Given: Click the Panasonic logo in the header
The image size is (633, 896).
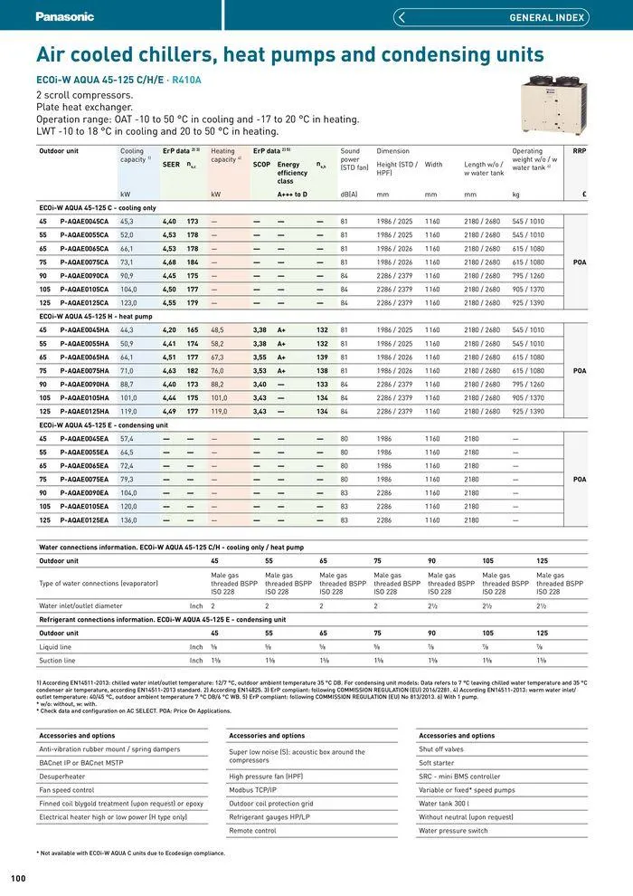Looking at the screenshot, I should tap(64, 16).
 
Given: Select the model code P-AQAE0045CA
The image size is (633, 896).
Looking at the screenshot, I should tap(84, 221).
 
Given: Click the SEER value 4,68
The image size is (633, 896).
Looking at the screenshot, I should tap(169, 262).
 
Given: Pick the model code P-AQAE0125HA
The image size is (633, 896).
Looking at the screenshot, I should tap(84, 411).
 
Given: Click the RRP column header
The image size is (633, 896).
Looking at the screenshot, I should tap(580, 151).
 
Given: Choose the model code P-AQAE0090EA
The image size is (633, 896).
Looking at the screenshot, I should tap(84, 493).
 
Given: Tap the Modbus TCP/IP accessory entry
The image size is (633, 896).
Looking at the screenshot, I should tap(253, 789).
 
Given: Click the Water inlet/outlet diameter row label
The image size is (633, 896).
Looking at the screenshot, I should tap(80, 605).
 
